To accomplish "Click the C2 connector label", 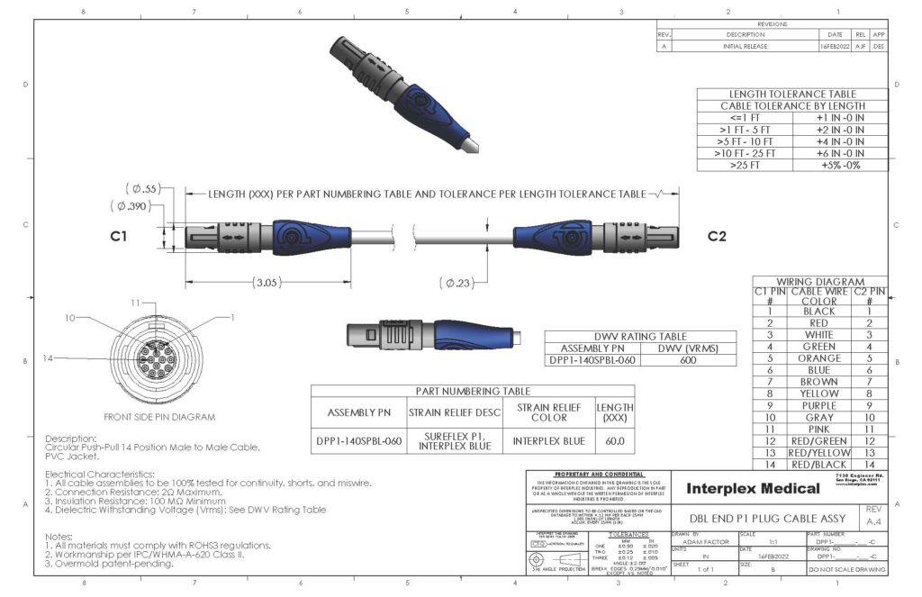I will tap(717, 237).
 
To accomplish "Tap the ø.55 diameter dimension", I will tap(141, 189).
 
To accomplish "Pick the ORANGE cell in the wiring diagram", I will tap(818, 358).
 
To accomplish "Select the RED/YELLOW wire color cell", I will tap(818, 452).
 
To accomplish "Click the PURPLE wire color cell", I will tap(818, 405).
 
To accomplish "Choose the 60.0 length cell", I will tap(615, 441).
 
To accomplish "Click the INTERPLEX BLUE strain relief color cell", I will tap(548, 441).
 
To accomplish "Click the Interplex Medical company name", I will tap(753, 489).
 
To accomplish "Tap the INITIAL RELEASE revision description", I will tap(744, 45).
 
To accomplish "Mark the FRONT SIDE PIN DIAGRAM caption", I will tap(160, 417).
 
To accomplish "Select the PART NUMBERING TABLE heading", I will tap(472, 391).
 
